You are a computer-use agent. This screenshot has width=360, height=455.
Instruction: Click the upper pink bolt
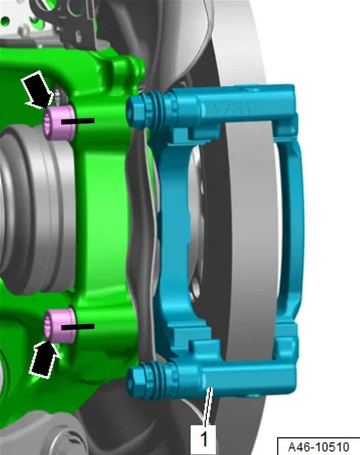[x=59, y=122]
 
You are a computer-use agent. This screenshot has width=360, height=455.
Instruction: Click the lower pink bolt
[x=59, y=326]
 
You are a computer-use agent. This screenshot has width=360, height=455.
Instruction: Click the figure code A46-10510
[x=319, y=447]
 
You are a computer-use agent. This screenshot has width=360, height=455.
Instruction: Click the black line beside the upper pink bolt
[x=77, y=121]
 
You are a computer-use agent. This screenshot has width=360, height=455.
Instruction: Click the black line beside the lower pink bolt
[x=77, y=327]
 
